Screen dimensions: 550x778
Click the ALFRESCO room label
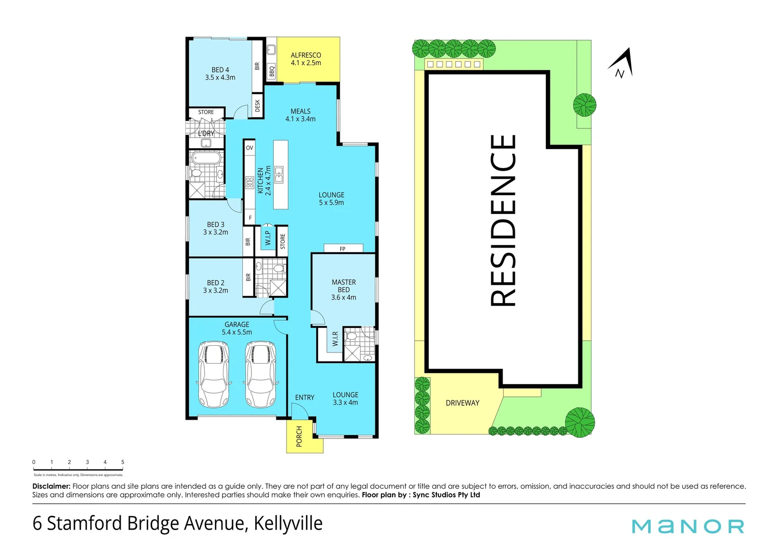point(305,59)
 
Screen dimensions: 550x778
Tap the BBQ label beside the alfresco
point(272,72)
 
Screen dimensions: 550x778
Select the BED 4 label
point(220,73)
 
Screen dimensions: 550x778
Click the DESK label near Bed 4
point(257,105)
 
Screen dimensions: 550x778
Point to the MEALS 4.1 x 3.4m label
point(300,115)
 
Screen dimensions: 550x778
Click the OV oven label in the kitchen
point(249,148)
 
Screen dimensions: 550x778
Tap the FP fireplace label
point(343,249)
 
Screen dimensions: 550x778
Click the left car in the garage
point(214,374)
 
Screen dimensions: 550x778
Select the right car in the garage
point(261,374)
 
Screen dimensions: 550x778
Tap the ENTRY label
point(304,397)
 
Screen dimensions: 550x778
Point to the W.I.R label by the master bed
point(335,339)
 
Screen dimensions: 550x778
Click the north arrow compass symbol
point(622,65)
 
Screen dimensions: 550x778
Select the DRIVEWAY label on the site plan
point(462,403)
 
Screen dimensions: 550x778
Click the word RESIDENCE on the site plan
point(503,220)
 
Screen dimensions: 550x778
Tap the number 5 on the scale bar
point(123,462)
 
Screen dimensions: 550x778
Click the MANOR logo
point(688,526)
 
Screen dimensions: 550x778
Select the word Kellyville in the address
point(288,524)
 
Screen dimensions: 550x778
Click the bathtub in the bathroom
point(206,158)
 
